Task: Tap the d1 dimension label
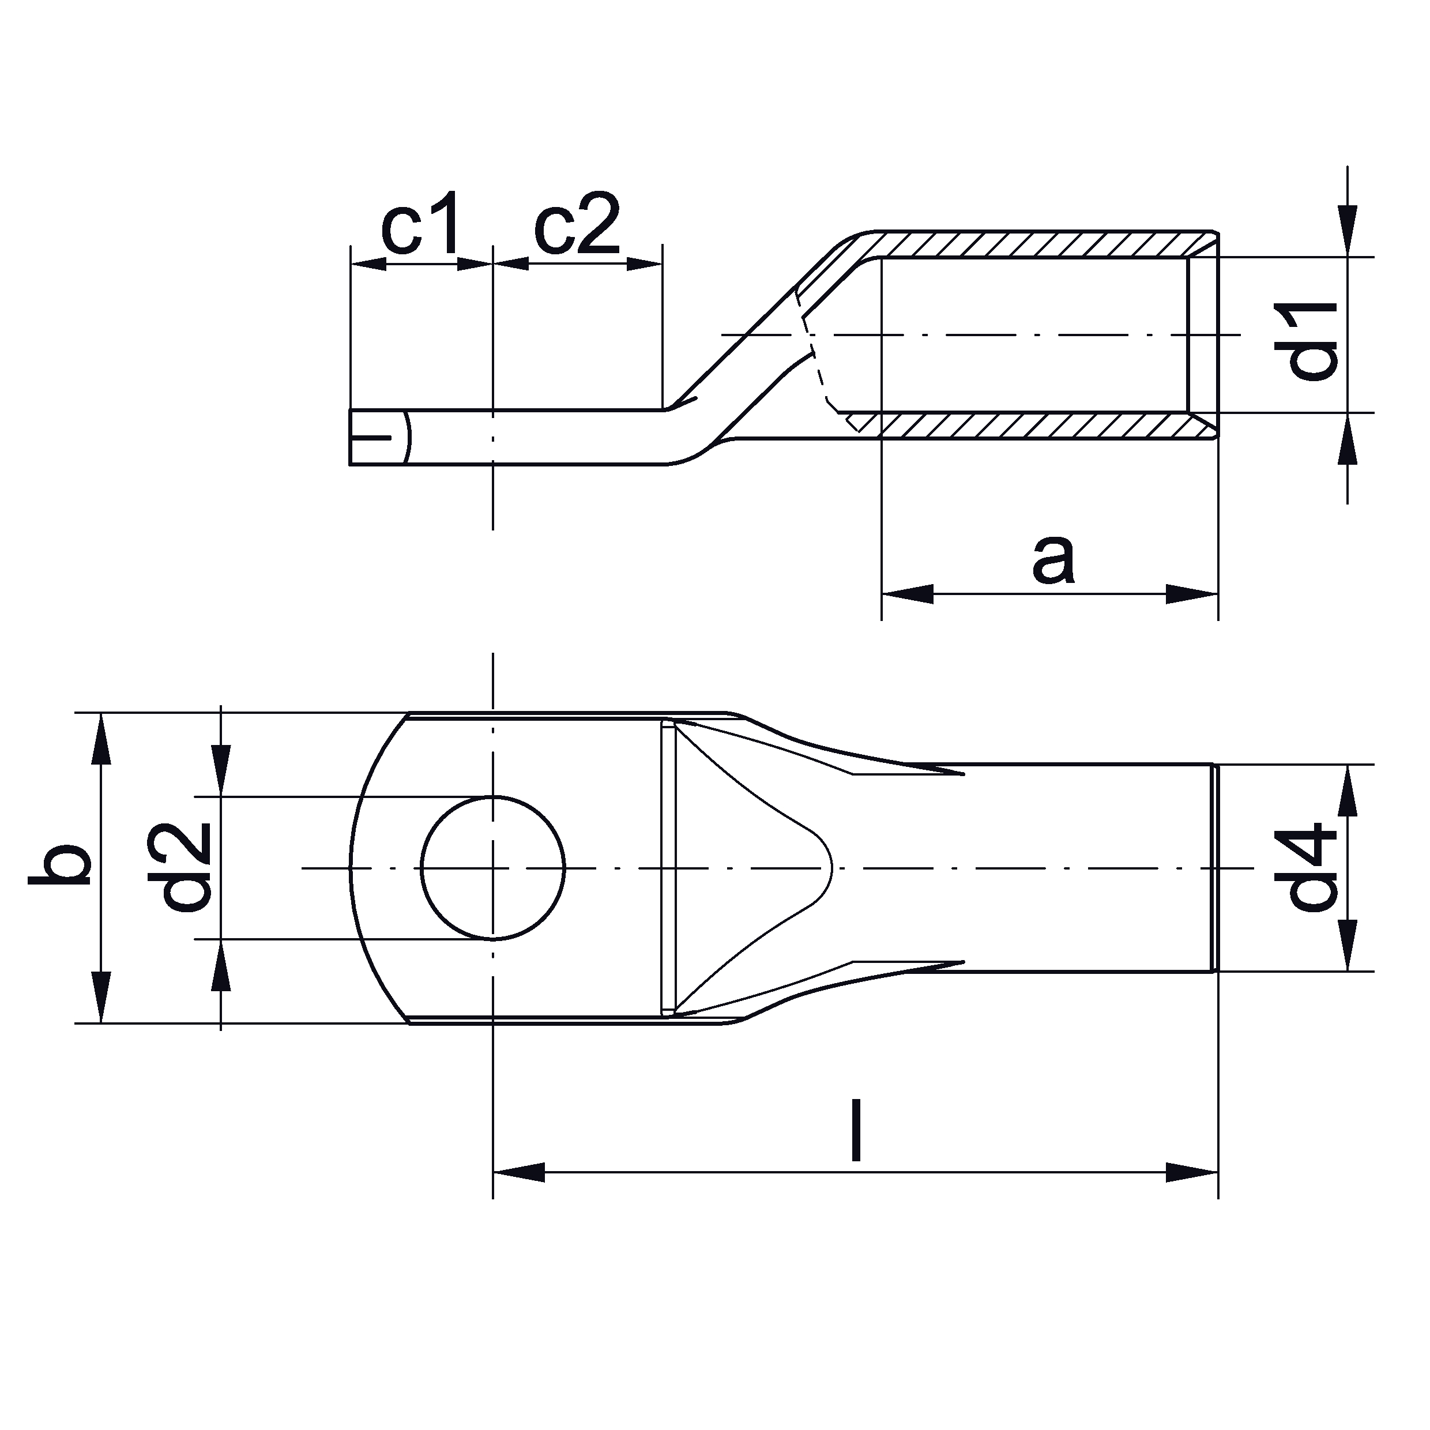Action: pyautogui.click(x=1312, y=340)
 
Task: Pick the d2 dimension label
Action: pyautogui.click(x=186, y=867)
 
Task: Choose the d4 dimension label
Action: pyautogui.click(x=1312, y=867)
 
